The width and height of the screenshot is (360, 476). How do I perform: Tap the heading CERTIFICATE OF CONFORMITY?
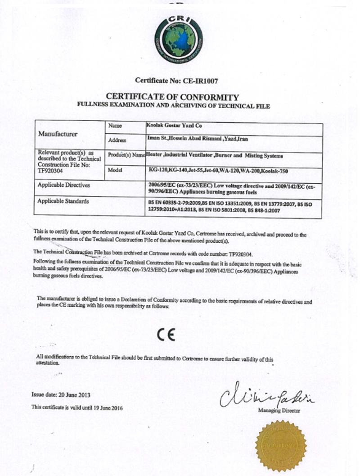[172, 97]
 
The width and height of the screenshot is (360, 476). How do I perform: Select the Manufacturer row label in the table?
[58, 134]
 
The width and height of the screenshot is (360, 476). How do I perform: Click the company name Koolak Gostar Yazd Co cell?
[171, 127]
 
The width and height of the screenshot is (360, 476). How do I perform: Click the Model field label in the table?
[115, 170]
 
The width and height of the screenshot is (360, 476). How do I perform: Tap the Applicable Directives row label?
[64, 185]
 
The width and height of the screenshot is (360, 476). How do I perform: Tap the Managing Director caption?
[279, 410]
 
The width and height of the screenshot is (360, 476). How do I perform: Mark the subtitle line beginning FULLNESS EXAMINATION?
[173, 106]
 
